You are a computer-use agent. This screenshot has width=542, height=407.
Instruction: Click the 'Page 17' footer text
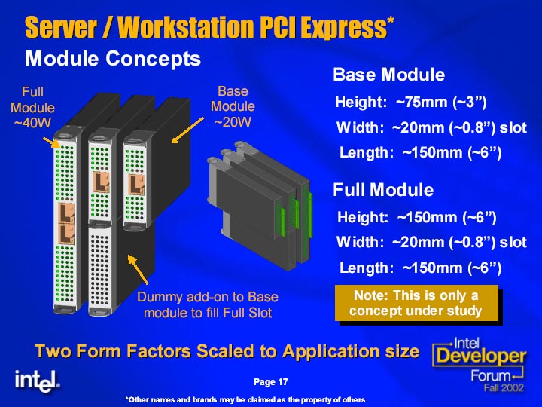(x=271, y=381)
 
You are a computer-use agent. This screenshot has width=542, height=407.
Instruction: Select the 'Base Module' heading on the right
(x=389, y=75)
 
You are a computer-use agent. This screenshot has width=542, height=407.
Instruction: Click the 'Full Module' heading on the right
(x=383, y=190)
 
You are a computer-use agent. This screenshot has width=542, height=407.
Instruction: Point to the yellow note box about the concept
(x=416, y=303)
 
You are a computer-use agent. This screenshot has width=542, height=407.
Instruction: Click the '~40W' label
(x=32, y=122)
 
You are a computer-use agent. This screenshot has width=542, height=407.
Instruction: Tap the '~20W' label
(x=233, y=122)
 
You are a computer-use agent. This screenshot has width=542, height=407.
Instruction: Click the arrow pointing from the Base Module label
(x=187, y=130)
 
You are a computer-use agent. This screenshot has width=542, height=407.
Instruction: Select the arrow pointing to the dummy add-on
(x=138, y=270)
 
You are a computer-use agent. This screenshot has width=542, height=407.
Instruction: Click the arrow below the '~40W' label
(x=51, y=142)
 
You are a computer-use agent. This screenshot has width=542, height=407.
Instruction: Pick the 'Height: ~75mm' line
(x=411, y=102)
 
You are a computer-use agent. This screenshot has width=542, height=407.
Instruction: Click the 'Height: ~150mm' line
(x=417, y=217)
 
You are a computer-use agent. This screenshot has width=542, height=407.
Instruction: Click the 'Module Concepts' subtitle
(x=113, y=59)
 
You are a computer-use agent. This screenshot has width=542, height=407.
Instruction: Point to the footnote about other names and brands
(x=245, y=400)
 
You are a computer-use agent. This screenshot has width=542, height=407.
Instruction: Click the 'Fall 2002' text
(x=504, y=387)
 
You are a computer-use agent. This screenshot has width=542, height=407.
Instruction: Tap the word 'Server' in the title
(x=61, y=27)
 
